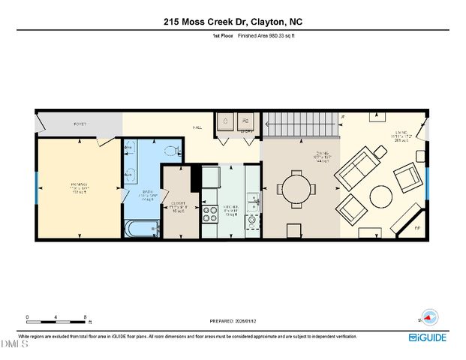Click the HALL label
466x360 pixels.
coord(197,127)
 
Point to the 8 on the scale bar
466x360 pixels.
coord(85,316)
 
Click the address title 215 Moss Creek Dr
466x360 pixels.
coord(233,22)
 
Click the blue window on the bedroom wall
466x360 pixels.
coord(36,187)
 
